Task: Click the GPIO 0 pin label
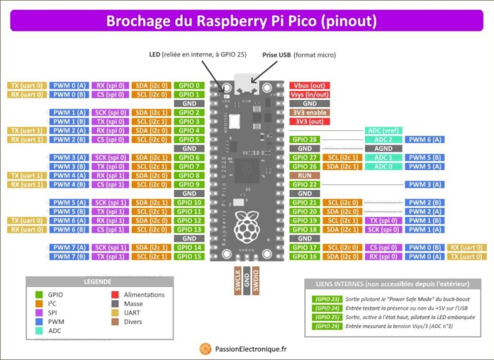(189, 85)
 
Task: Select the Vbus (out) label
(309, 85)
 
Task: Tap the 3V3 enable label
(309, 112)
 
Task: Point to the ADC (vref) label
(383, 130)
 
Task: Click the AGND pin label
(383, 148)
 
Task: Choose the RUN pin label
(305, 175)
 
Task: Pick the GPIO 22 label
(305, 185)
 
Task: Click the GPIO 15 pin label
(189, 256)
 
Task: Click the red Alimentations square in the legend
(114, 295)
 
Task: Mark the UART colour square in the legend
(114, 313)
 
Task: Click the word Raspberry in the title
(231, 21)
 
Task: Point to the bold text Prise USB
(277, 55)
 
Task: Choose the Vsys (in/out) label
(309, 94)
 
